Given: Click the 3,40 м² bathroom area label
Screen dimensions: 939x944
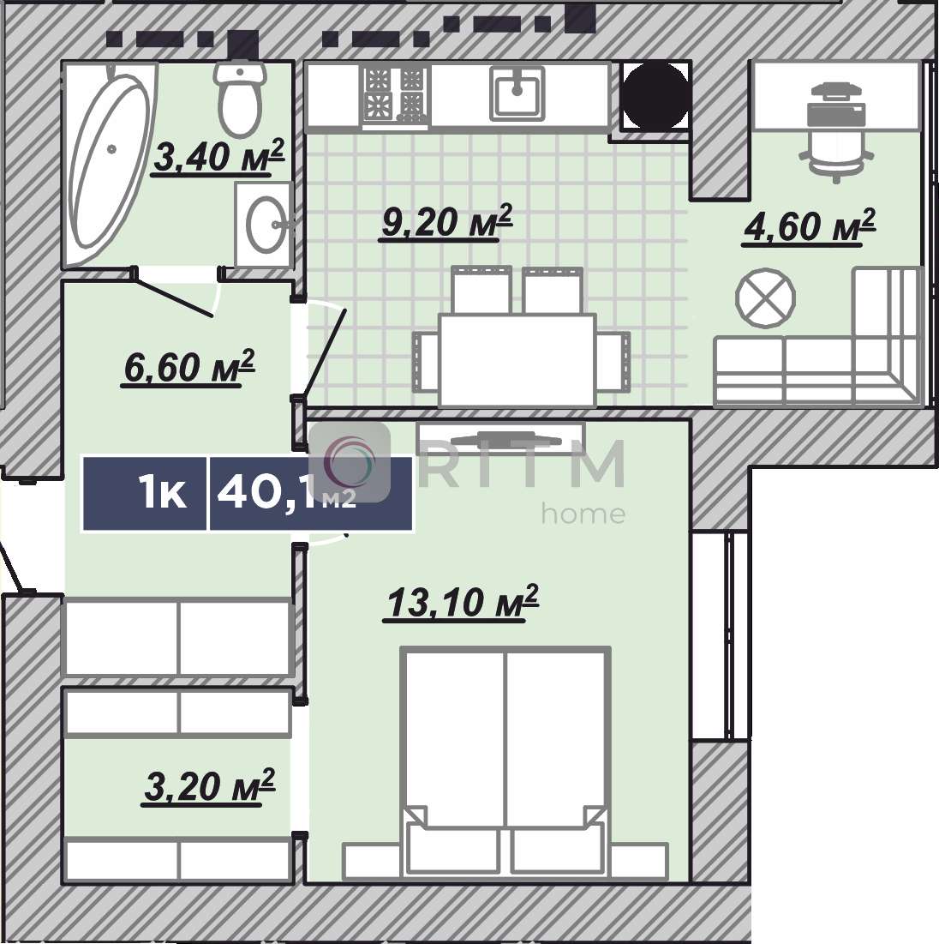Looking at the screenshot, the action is click(x=218, y=156).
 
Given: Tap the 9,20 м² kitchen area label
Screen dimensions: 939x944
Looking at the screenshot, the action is click(x=446, y=221).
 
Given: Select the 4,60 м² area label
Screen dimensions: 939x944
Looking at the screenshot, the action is click(x=809, y=225).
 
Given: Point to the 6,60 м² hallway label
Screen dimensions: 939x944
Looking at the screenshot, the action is click(x=188, y=366).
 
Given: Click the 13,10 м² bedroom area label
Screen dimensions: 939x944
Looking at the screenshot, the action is click(x=462, y=601).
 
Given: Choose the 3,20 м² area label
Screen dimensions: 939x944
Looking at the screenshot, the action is click(x=209, y=785).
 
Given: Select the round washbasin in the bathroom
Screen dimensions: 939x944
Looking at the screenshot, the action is click(x=267, y=224).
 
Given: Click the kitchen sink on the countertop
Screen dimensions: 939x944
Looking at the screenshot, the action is click(x=517, y=92).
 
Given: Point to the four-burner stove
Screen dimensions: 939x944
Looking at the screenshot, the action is click(x=395, y=96).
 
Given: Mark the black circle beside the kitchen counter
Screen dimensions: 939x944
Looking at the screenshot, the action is click(x=655, y=96).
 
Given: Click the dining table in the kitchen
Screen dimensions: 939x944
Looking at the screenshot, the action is click(x=518, y=360).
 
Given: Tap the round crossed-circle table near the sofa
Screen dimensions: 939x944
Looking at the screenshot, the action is click(x=765, y=298).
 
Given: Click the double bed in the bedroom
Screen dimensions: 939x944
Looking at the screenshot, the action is click(x=505, y=761).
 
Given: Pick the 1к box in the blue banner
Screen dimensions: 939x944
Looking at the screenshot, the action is click(x=145, y=493).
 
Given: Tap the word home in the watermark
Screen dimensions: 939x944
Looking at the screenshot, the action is click(x=583, y=514).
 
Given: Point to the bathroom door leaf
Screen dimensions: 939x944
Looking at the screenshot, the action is click(x=173, y=296).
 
